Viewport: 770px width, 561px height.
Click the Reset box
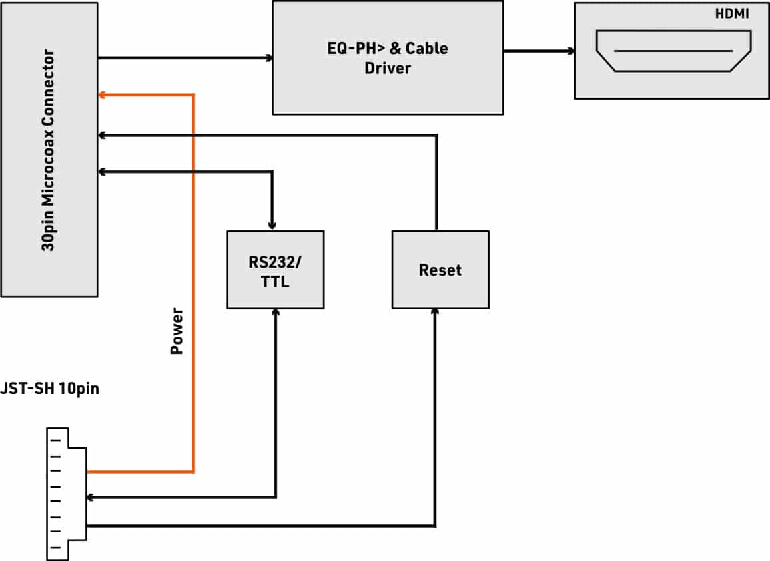click(440, 270)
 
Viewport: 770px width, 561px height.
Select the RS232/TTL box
click(276, 270)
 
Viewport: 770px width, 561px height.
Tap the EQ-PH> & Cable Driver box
click(388, 58)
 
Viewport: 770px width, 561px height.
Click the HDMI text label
click(731, 13)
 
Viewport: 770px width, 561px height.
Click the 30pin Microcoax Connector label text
click(48, 150)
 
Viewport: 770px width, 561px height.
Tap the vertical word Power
click(177, 331)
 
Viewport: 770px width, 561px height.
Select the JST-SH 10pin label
click(49, 388)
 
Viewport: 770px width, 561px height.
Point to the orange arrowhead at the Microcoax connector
click(102, 94)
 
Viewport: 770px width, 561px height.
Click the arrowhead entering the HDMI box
click(571, 51)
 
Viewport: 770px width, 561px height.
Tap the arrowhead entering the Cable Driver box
click(268, 58)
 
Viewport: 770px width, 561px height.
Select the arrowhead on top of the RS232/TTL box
click(272, 226)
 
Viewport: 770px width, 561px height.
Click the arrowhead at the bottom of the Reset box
click(434, 313)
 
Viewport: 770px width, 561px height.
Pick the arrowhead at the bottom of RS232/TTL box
click(276, 313)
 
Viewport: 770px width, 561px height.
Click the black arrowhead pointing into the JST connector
click(91, 498)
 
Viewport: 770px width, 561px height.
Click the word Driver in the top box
click(388, 68)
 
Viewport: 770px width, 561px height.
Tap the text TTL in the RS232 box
click(275, 281)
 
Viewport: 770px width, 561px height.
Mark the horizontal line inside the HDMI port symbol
click(673, 51)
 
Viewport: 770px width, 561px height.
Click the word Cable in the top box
click(426, 48)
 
